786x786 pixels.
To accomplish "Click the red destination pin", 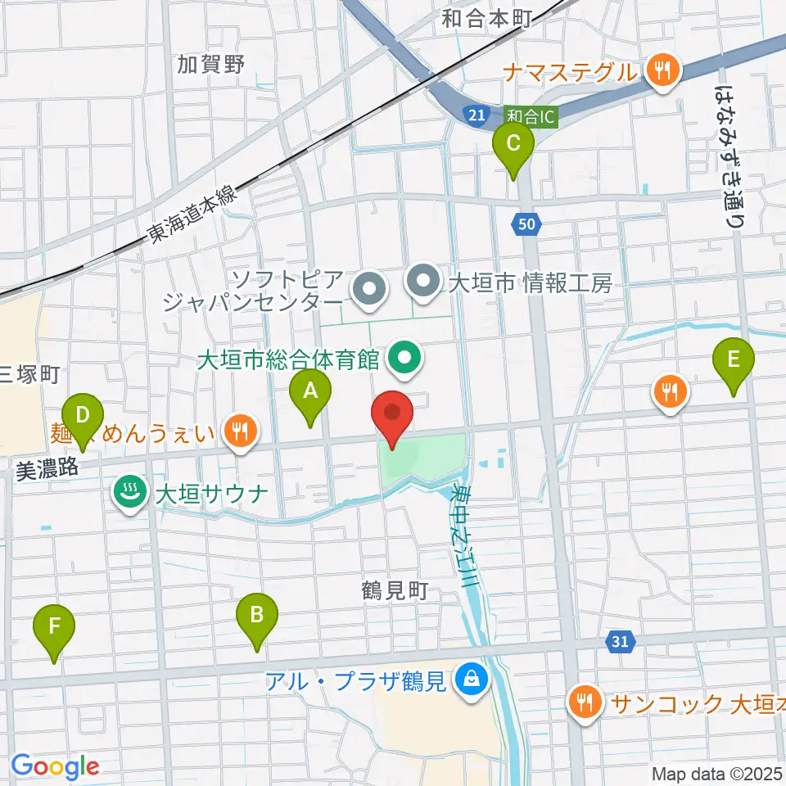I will coord(393,418).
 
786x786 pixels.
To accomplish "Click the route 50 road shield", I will coord(526,222).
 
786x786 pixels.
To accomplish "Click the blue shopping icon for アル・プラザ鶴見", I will coord(472,679).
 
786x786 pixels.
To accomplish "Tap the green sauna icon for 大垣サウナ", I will coord(129,494).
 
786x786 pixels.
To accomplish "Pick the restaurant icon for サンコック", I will coord(585,702).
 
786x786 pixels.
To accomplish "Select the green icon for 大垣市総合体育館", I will coord(404,358).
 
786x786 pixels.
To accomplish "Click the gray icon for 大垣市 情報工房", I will coord(423,284).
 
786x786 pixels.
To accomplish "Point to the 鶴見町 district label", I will coord(395,591).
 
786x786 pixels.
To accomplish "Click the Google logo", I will coord(55,766).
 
